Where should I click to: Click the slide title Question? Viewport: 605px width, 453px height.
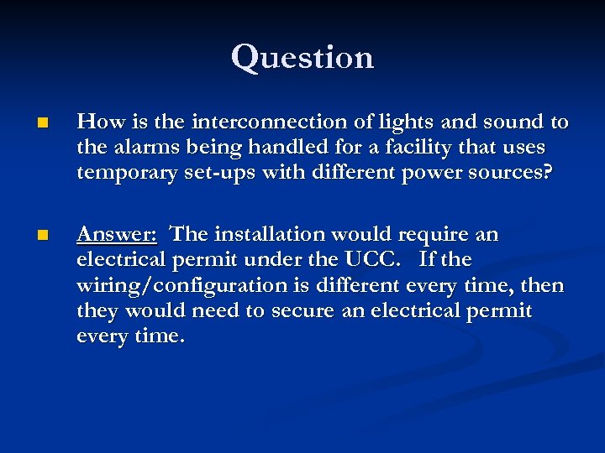click(x=302, y=57)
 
